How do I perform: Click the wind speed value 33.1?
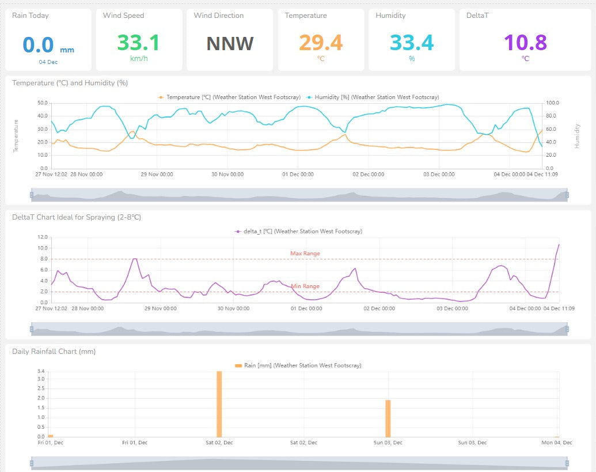[138, 43]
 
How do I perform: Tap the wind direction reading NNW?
[230, 43]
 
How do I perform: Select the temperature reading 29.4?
[320, 43]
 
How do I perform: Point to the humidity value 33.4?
[411, 43]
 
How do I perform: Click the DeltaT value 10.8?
[525, 43]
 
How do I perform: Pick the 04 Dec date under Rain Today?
[48, 62]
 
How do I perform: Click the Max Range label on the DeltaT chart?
[305, 254]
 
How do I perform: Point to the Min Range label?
[305, 286]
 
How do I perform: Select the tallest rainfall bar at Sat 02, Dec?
[219, 403]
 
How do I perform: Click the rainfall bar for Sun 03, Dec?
[388, 418]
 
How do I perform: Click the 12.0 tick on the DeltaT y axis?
[41, 237]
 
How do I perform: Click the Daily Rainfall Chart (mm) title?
[54, 352]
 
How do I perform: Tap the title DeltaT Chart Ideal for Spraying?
[77, 217]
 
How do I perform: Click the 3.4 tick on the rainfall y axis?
[40, 372]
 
